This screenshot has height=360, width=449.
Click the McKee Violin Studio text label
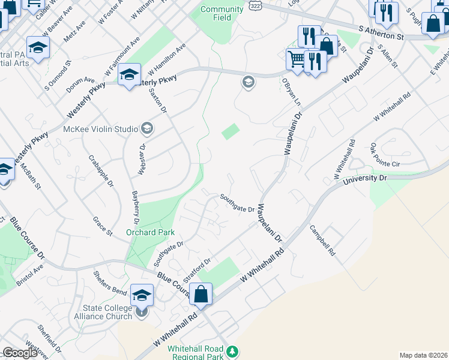(100, 128)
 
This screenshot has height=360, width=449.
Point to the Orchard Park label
(150, 232)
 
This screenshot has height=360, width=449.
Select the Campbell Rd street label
(322, 241)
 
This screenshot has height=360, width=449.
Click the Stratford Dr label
(197, 271)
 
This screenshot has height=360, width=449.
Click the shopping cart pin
(295, 59)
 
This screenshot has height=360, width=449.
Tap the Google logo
(20, 353)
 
